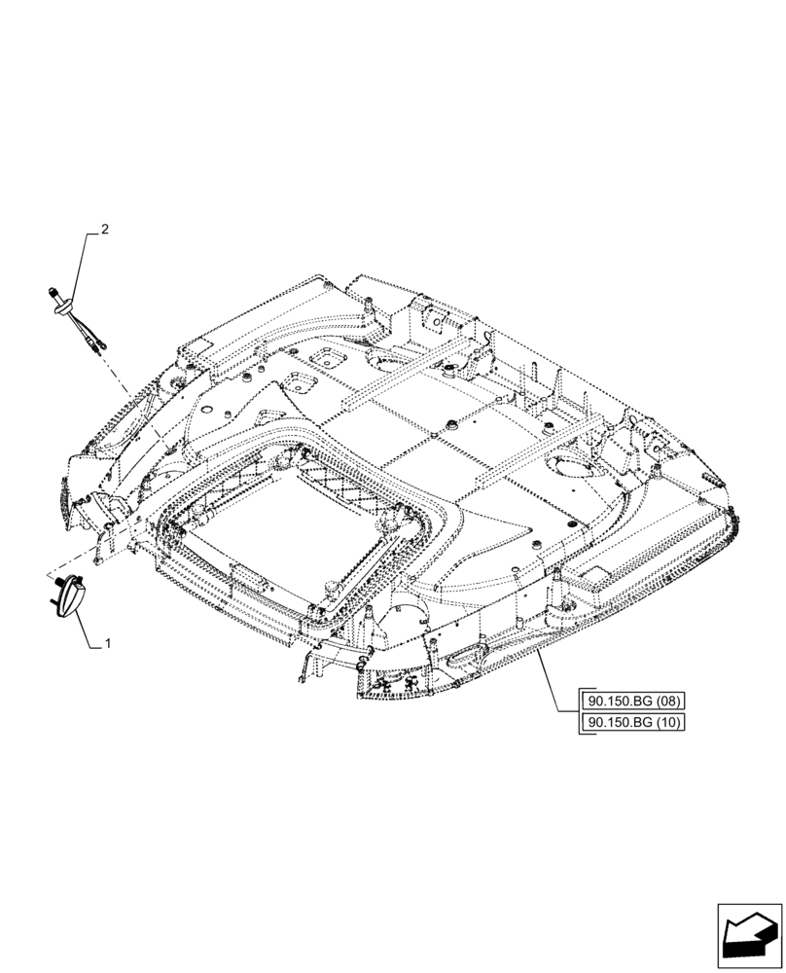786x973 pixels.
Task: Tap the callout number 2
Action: point(105,231)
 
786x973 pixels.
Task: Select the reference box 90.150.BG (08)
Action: point(633,700)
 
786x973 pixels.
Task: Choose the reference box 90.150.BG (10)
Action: point(633,722)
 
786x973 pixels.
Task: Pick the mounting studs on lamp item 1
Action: point(57,581)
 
